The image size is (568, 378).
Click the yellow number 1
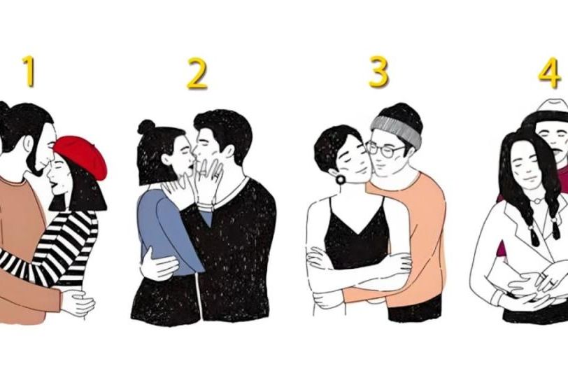pyautogui.click(x=29, y=71)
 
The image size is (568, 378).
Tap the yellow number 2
pyautogui.click(x=197, y=73)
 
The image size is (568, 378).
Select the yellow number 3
pyautogui.click(x=378, y=72)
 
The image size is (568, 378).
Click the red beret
pyautogui.click(x=82, y=155)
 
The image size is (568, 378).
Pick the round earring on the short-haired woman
pyautogui.click(x=341, y=179)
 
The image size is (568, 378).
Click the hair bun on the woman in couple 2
pyautogui.click(x=146, y=127)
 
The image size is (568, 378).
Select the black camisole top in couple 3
pyautogui.click(x=356, y=236)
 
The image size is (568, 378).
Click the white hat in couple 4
pyautogui.click(x=553, y=108)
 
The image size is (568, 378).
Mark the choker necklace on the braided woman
pyautogui.click(x=537, y=200)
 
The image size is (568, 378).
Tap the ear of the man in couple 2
pyautogui.click(x=228, y=150)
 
